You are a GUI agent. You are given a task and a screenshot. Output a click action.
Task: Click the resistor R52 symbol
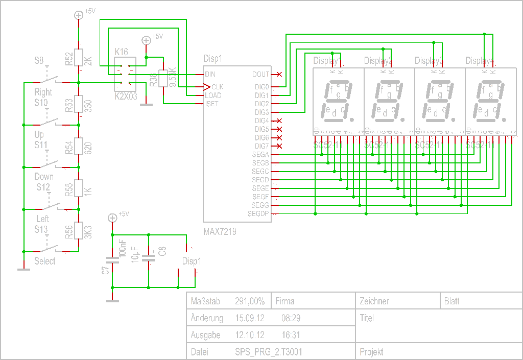pyautogui.click(x=79, y=59)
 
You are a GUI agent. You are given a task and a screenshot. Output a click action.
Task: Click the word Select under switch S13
pyautogui.click(x=44, y=261)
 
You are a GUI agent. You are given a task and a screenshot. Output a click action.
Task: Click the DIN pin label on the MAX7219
pyautogui.click(x=210, y=75)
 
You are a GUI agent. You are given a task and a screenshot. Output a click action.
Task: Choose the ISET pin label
pyautogui.click(x=211, y=104)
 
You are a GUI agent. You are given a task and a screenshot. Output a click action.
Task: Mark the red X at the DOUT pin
pyautogui.click(x=279, y=75)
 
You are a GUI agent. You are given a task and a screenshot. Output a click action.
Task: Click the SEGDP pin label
pyautogui.click(x=258, y=213)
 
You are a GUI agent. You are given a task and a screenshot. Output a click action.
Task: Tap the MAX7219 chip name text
pyautogui.click(x=220, y=231)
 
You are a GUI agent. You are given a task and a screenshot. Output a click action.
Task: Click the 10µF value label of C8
pyautogui.click(x=135, y=254)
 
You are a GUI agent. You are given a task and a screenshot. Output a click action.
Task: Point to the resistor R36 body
pyautogui.click(x=163, y=79)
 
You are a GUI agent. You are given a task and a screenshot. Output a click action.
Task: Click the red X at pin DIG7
pyautogui.click(x=279, y=146)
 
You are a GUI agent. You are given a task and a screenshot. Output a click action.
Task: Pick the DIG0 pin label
pyautogui.click(x=261, y=87)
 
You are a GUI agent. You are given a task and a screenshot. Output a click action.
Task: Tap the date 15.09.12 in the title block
pyautogui.click(x=249, y=318)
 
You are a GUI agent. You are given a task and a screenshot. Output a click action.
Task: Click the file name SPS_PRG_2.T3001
pyautogui.click(x=268, y=352)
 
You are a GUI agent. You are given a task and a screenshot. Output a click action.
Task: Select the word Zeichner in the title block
pyautogui.click(x=374, y=301)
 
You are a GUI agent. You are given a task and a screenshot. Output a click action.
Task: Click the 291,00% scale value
pyautogui.click(x=249, y=301)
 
